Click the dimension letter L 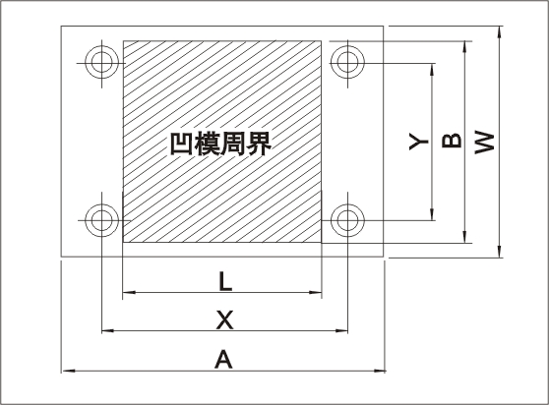(x=225, y=281)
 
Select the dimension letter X (x=224, y=319)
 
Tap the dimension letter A (x=223, y=359)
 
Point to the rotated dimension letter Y (x=419, y=142)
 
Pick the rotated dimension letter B (x=452, y=141)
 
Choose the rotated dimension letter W (x=485, y=142)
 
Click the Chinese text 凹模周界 (x=220, y=144)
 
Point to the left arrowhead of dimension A (x=68, y=371)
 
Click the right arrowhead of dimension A (x=379, y=371)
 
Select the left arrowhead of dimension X (x=108, y=330)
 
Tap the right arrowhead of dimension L (x=315, y=292)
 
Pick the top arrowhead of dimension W (x=499, y=32)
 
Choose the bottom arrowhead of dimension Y (x=432, y=214)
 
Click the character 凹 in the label (x=181, y=144)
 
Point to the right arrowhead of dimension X (x=341, y=330)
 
